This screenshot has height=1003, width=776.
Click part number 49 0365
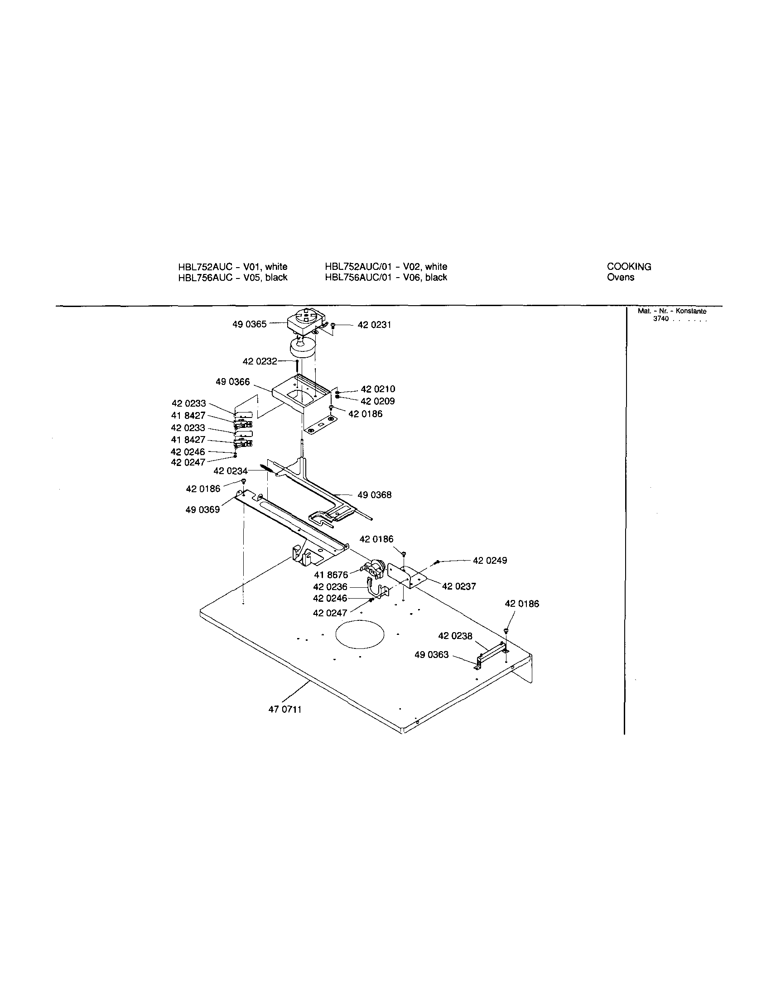point(249,325)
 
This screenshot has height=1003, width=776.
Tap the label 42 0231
point(375,325)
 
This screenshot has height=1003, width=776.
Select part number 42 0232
point(260,361)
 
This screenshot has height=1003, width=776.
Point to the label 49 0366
point(232,382)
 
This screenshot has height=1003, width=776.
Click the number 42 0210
point(378,389)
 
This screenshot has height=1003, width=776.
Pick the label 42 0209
point(378,401)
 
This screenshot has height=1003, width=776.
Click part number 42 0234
point(230,471)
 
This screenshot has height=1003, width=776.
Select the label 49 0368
point(375,495)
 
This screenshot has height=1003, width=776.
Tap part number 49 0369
point(202,510)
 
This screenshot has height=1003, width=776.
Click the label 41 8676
point(331,575)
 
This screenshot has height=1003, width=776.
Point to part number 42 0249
point(490,561)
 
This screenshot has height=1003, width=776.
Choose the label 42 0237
point(459,586)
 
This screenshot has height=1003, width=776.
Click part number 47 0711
point(285,710)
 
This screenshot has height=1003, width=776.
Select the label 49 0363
point(431,655)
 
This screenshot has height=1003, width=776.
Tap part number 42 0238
point(455,636)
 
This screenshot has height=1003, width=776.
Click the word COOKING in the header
point(629,267)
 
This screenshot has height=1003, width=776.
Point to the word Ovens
point(620,278)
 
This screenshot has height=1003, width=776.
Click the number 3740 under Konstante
point(660,319)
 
